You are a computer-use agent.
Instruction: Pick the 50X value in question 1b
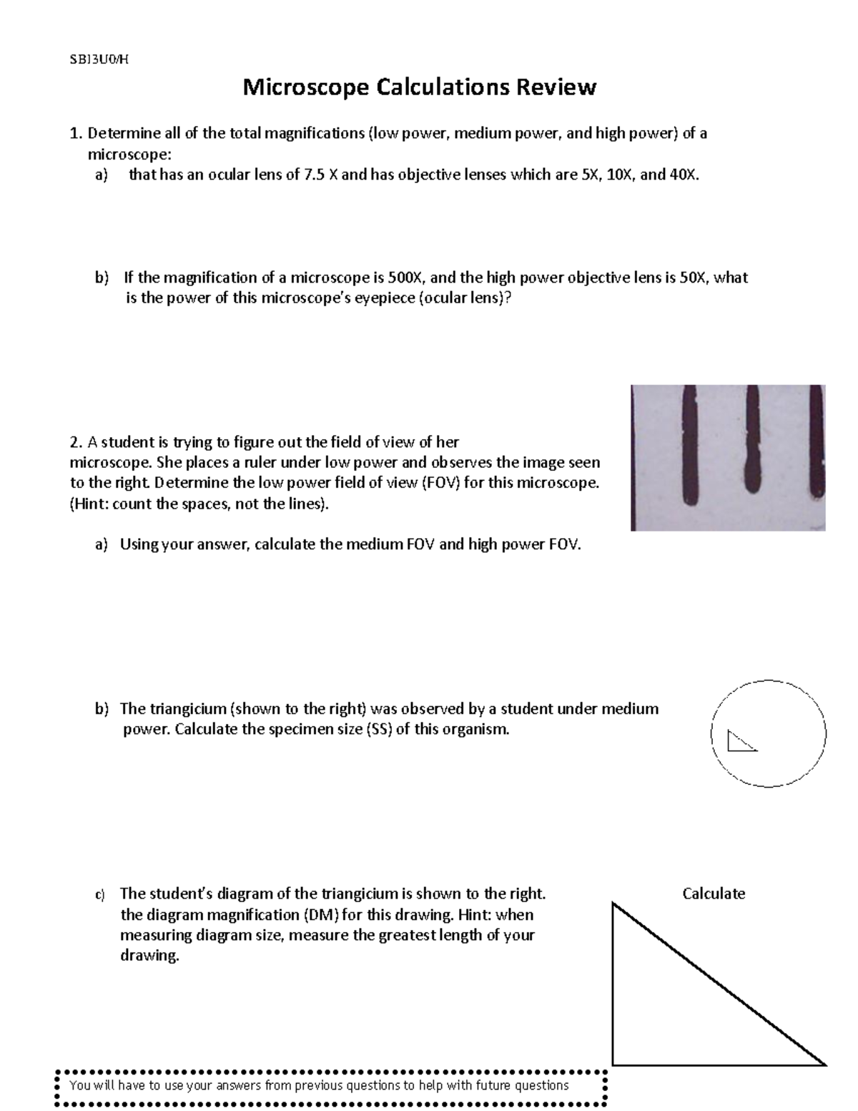coord(691,278)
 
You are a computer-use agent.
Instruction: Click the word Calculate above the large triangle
coord(714,894)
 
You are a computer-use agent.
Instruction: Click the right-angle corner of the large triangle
coord(614,1063)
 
